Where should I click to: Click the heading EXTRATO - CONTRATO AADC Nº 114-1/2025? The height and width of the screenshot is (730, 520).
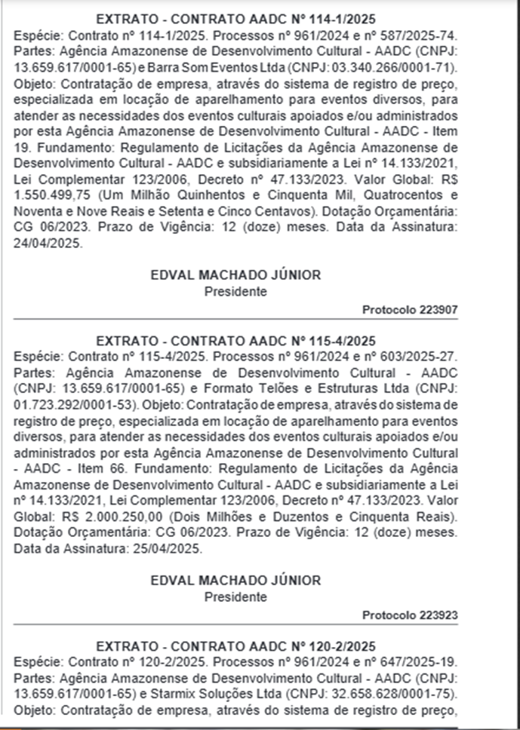pyautogui.click(x=235, y=20)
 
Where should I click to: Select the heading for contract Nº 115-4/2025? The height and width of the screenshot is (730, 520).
pyautogui.click(x=235, y=340)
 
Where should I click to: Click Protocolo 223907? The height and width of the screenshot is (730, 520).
pyautogui.click(x=410, y=309)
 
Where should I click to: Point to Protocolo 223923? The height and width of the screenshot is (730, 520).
pyautogui.click(x=410, y=615)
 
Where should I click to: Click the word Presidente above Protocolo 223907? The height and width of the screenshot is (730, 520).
pyautogui.click(x=235, y=291)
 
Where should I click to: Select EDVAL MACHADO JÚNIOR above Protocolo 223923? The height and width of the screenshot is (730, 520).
pyautogui.click(x=235, y=581)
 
